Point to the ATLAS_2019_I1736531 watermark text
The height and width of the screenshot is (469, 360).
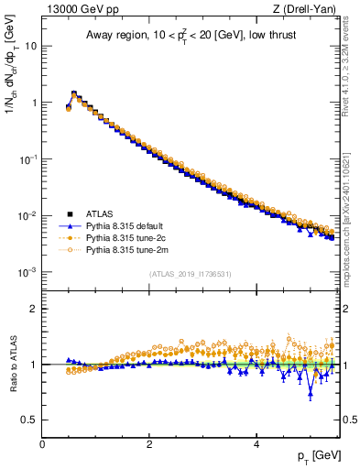pyautogui.click(x=190, y=274)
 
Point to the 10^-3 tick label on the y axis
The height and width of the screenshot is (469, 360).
pyautogui.click(x=28, y=272)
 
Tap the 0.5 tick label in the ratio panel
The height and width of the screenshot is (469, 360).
pyautogui.click(x=29, y=420)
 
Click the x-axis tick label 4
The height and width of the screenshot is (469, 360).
pyautogui.click(x=256, y=444)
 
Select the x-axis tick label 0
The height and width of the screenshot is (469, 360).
pyautogui.click(x=42, y=444)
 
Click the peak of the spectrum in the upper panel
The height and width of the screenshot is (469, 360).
pyautogui.click(x=73, y=93)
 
